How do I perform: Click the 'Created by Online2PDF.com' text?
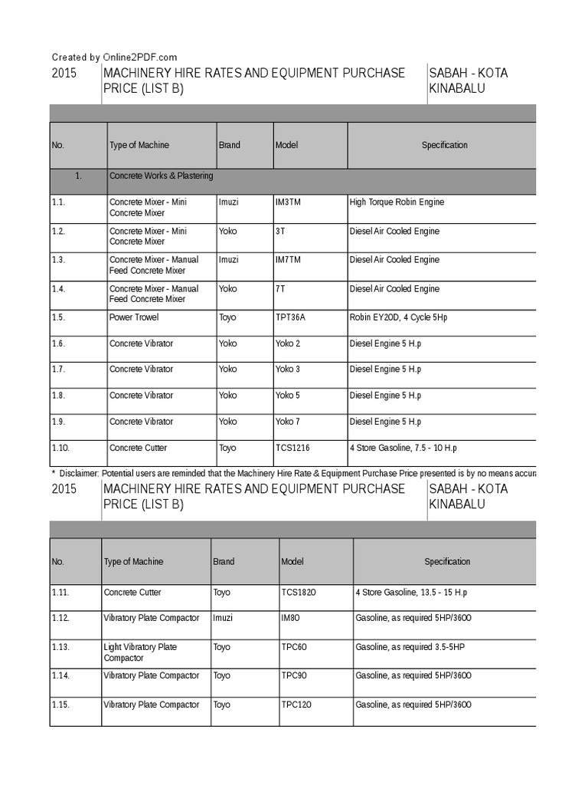(114, 57)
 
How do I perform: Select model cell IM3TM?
(289, 202)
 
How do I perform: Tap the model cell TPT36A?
(292, 317)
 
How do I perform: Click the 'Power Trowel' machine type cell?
(135, 317)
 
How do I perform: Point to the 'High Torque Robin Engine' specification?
(397, 202)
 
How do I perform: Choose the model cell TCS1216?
(292, 448)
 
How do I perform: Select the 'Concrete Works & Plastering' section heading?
(162, 176)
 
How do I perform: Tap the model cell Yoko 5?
(288, 396)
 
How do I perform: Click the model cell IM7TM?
(289, 260)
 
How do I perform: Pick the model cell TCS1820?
(299, 593)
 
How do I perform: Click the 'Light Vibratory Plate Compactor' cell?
(140, 652)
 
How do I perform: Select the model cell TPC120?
(296, 705)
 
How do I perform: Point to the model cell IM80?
(291, 618)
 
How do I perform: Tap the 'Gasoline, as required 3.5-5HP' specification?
(410, 647)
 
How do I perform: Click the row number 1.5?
(59, 317)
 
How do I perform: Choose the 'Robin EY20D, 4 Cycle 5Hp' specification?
(398, 317)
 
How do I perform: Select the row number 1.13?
(60, 647)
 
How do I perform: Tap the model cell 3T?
(280, 232)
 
